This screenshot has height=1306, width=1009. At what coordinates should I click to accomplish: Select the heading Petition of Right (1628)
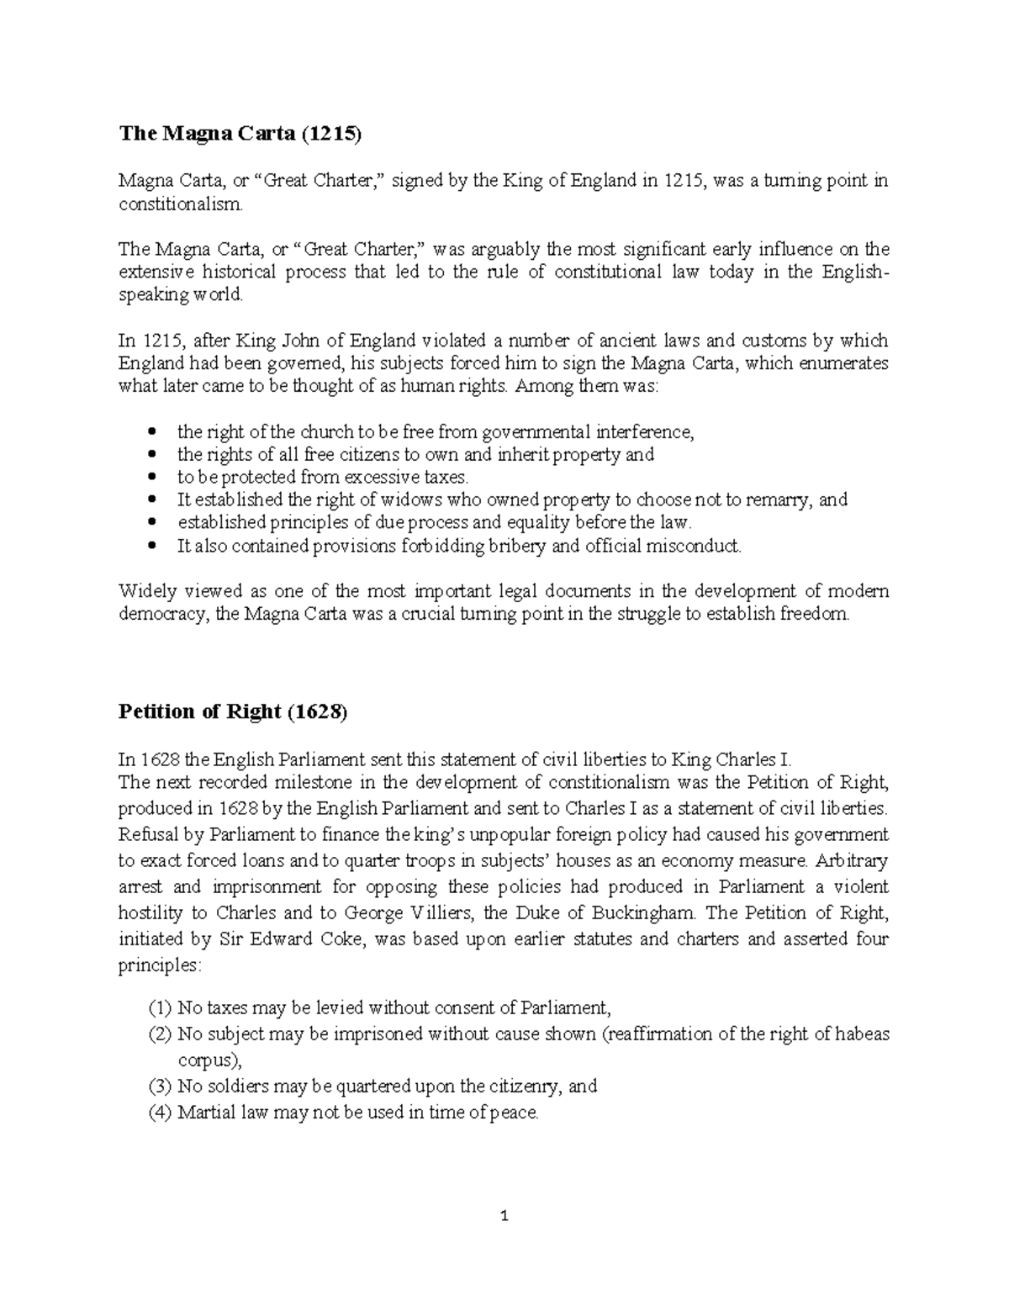point(232,711)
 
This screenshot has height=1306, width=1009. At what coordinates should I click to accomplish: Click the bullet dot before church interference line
point(151,432)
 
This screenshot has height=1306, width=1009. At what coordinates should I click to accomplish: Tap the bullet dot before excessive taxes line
point(151,477)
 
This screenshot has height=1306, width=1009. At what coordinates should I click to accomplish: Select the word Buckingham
point(646,912)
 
